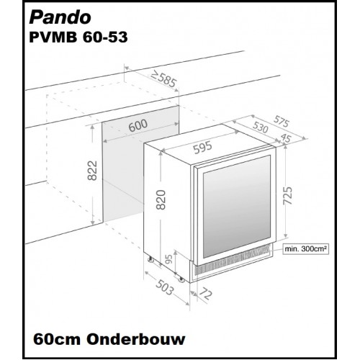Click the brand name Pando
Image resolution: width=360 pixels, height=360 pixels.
coord(60,17)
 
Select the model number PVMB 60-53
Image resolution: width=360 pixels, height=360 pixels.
coord(78,37)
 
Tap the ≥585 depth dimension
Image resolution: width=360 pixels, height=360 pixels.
coord(164,79)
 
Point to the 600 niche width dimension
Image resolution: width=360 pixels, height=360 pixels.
coord(138,125)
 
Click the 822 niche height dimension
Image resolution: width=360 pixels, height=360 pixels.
coord(92,171)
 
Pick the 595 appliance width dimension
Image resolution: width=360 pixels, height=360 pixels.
coord(203,147)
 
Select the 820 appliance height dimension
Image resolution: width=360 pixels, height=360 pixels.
coord(161,200)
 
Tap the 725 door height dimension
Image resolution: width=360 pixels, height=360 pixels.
coord(288,195)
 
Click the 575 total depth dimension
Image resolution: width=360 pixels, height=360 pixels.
coord(282,121)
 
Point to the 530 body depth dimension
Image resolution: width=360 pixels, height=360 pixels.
coord(261,127)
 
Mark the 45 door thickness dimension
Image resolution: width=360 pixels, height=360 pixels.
coord(286,138)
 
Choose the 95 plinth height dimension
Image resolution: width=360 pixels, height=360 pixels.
coord(169,259)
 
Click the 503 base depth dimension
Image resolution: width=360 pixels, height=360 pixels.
coord(164,287)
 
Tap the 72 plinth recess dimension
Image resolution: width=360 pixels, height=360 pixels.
coord(205,293)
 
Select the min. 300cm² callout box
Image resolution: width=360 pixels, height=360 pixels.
coord(305,249)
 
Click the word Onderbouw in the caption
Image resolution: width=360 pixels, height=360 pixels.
coord(136,339)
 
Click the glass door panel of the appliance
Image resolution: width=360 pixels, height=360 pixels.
coord(237,207)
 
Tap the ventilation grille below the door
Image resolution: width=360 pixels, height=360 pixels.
coord(233,261)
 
